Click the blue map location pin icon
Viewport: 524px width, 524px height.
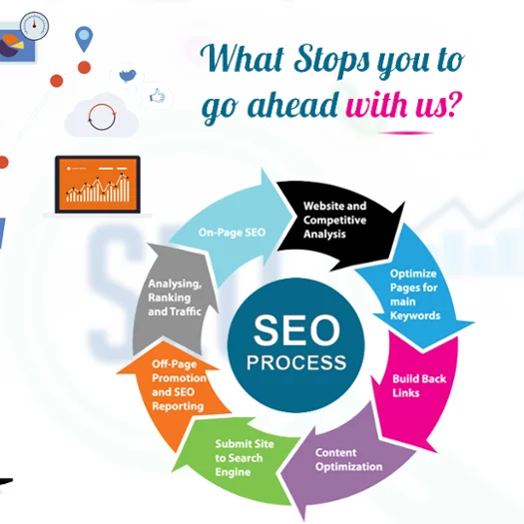(83, 39)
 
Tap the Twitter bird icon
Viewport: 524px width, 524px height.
(127, 74)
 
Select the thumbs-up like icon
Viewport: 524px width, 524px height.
(157, 97)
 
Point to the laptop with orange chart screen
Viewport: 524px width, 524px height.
(97, 187)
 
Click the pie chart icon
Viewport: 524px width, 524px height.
(12, 45)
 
